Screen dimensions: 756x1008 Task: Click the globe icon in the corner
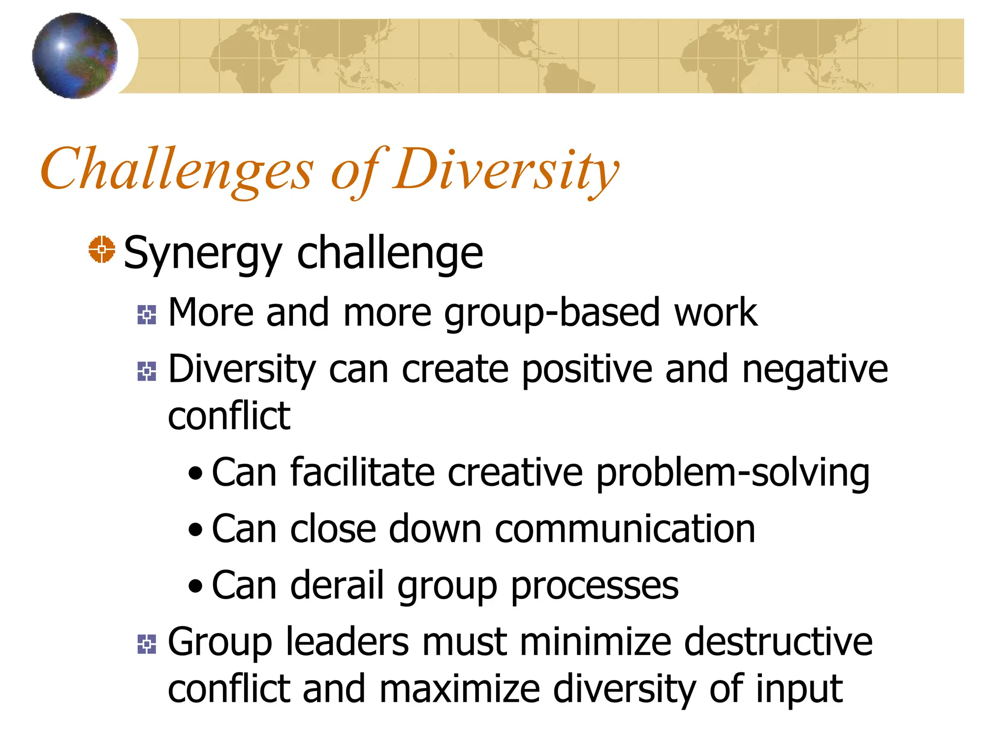click(x=75, y=56)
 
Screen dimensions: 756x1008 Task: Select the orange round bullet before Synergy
click(x=102, y=250)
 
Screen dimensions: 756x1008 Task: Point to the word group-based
click(x=551, y=314)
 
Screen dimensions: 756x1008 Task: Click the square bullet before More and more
click(x=147, y=315)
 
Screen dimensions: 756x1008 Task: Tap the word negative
click(x=815, y=370)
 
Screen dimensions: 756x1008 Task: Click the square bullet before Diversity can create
click(x=147, y=371)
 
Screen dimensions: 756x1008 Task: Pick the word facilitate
click(x=362, y=473)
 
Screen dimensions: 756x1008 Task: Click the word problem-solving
click(x=732, y=473)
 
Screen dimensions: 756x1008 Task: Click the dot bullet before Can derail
click(x=195, y=586)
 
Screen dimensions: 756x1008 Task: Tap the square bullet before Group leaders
click(x=147, y=644)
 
